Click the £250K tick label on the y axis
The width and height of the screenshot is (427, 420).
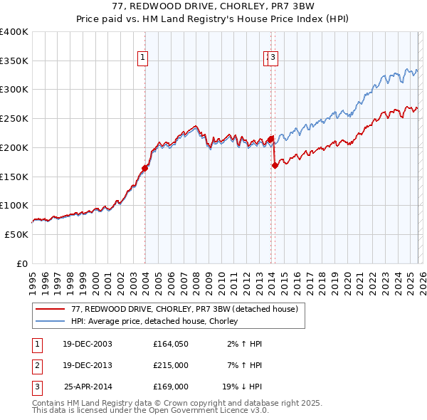pos(14,119)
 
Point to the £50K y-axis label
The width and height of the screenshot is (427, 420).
pos(16,234)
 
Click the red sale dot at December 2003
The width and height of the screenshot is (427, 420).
pos(144,169)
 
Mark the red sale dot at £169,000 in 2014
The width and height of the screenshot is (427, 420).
pos(275,165)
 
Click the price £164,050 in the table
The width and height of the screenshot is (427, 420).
pos(171,344)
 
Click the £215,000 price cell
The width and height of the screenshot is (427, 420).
pos(171,365)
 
